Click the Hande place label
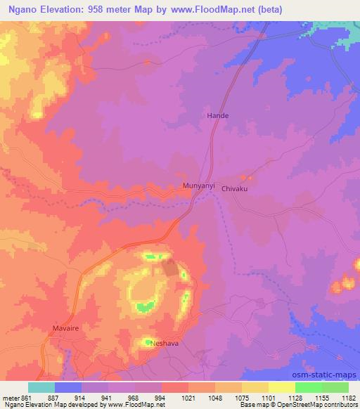(217, 115)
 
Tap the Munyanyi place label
(198, 186)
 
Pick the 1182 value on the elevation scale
(348, 397)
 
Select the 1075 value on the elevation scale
(241, 397)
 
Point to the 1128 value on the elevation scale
(295, 397)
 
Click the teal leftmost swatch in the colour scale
(41, 387)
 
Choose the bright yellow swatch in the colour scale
(281, 387)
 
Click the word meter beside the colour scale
(11, 397)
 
